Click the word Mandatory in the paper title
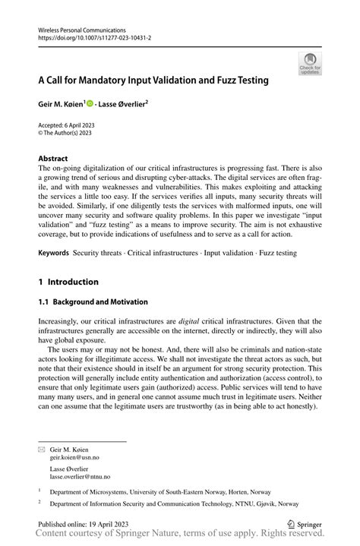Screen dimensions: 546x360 coord(99,79)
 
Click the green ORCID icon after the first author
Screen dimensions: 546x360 coord(90,103)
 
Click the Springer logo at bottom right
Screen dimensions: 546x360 coord(305,524)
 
